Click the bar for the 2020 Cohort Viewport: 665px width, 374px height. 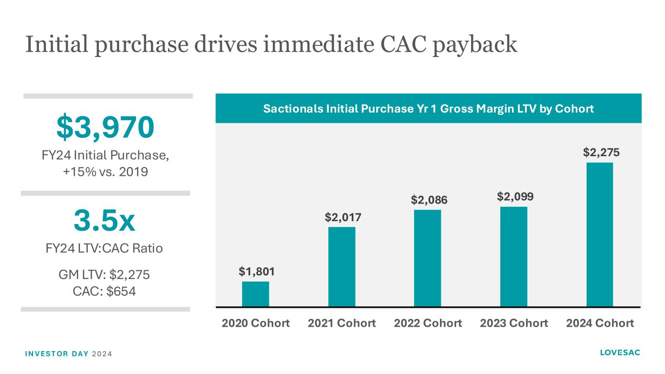(x=255, y=294)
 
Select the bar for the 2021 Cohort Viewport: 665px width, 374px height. (x=342, y=267)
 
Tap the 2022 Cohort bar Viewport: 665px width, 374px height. (x=427, y=258)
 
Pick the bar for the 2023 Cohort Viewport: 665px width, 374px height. (x=513, y=257)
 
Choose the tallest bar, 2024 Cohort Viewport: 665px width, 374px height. (x=599, y=234)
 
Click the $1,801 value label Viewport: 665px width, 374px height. (x=256, y=272)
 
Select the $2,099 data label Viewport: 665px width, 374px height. (x=515, y=197)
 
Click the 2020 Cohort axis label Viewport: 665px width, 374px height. (x=256, y=323)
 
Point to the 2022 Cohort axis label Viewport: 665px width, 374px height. (x=428, y=323)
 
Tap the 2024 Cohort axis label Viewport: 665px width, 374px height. (x=600, y=323)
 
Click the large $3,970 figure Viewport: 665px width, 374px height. (x=106, y=127)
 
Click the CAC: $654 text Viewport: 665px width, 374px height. (x=104, y=291)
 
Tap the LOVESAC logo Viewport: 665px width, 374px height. (x=620, y=353)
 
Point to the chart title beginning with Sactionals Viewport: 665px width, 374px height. (x=428, y=109)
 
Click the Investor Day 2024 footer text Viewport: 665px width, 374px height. (x=68, y=353)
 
